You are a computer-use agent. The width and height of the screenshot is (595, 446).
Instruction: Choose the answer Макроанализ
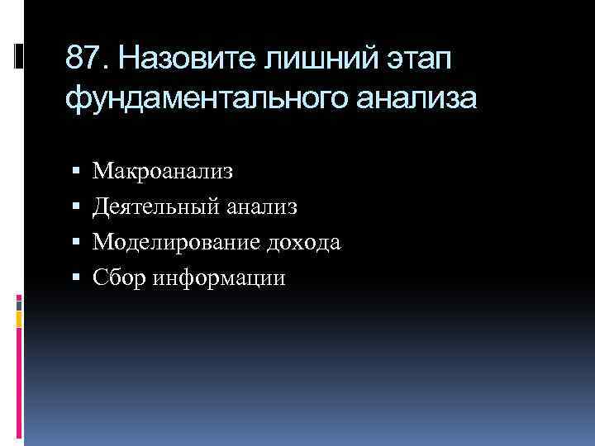pyautogui.click(x=163, y=171)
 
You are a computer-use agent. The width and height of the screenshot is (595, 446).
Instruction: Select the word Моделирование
pyautogui.click(x=175, y=243)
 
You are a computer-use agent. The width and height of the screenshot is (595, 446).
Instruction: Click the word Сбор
pyautogui.click(x=117, y=278)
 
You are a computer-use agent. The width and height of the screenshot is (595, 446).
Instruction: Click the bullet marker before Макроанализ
pyautogui.click(x=76, y=172)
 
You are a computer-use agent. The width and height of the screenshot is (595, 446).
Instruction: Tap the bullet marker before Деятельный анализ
pyautogui.click(x=76, y=207)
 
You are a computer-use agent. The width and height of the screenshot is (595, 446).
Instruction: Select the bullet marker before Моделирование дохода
pyautogui.click(x=76, y=244)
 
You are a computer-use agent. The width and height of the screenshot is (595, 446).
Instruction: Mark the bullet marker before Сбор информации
pyautogui.click(x=76, y=279)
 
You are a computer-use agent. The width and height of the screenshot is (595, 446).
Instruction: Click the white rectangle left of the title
pyautogui.click(x=19, y=57)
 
